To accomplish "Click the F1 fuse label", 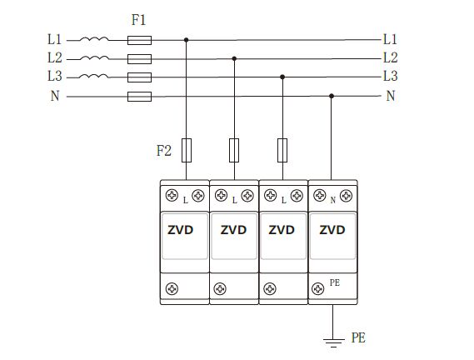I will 140,19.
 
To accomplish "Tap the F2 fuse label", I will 164,151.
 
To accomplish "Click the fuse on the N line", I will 139,97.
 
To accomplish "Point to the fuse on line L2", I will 139,58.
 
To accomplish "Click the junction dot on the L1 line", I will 187,39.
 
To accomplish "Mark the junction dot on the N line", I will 332,97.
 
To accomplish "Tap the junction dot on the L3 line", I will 283,77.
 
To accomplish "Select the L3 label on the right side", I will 390,77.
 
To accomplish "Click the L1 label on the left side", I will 55,39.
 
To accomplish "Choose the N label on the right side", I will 390,97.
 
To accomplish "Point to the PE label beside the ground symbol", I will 358,338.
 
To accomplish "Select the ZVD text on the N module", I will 332,230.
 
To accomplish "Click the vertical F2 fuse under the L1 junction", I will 187,150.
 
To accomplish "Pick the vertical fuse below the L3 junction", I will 283,150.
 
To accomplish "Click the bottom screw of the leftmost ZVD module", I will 172,288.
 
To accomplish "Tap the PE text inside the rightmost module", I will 335,283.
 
